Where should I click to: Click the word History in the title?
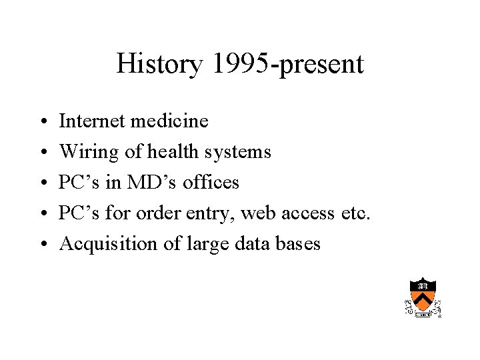(x=158, y=65)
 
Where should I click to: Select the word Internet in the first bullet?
(x=92, y=121)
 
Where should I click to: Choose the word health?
(x=174, y=152)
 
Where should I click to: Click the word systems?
(x=238, y=152)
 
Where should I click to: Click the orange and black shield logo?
(x=423, y=296)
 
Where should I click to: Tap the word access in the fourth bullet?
(x=304, y=213)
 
